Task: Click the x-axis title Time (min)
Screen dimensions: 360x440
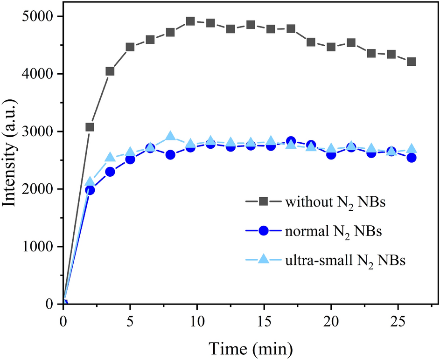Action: [x=250, y=348]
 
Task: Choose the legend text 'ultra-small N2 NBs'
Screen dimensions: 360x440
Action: [x=345, y=260]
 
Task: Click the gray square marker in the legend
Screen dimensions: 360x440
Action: [x=263, y=201]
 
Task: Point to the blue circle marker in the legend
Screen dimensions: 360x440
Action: [x=263, y=230]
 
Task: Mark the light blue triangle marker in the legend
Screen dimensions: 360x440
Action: [x=263, y=258]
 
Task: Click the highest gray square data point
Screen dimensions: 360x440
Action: [x=190, y=21]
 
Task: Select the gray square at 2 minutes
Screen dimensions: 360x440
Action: [x=90, y=127]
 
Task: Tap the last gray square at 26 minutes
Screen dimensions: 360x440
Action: [x=412, y=62]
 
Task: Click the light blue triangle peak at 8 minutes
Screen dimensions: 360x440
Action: [x=170, y=136]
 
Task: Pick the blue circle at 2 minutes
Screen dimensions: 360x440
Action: [x=90, y=190]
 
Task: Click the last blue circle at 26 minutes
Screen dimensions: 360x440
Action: [x=412, y=158]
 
